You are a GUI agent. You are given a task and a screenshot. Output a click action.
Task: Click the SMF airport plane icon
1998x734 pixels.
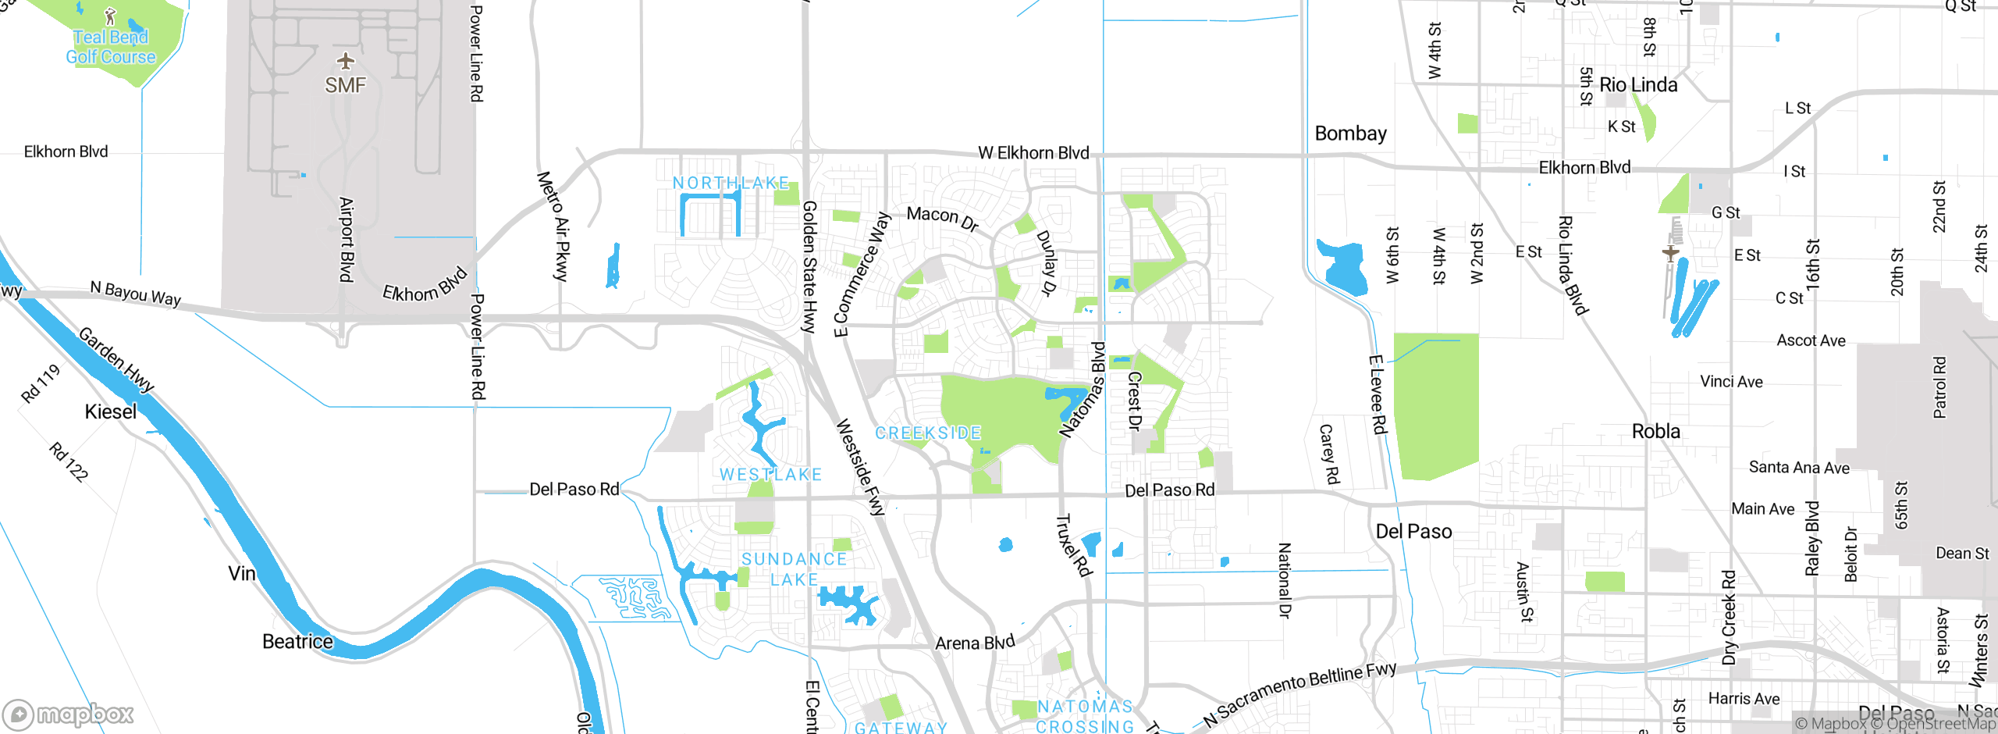point(345,61)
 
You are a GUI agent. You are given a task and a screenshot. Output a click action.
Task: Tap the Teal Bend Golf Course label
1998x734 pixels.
point(111,47)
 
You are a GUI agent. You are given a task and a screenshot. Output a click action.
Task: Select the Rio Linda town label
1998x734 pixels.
point(1638,85)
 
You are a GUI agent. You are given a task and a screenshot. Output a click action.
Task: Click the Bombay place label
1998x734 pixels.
point(1350,134)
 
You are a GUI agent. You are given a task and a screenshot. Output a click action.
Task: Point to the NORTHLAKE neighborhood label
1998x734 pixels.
point(731,183)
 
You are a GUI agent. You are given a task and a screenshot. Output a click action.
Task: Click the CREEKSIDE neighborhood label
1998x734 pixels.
point(928,433)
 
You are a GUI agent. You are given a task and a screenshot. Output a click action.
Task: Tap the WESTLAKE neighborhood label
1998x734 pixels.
point(770,474)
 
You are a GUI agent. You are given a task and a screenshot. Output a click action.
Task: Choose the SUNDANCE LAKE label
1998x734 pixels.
point(794,569)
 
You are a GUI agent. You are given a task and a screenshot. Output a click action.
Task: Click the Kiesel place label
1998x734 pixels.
point(111,412)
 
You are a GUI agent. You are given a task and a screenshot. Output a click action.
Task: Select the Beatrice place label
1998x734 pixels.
point(297,642)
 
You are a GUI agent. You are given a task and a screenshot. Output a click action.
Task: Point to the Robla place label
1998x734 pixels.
point(1655,431)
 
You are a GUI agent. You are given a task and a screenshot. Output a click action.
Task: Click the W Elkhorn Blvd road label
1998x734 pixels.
point(1033,153)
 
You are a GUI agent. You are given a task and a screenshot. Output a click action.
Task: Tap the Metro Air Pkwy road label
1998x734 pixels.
point(553,226)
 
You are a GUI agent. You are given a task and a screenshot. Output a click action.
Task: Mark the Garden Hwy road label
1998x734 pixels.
point(116,360)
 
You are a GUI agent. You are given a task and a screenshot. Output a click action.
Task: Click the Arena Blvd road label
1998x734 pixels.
point(975,643)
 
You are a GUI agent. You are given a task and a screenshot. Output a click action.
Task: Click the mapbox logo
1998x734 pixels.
point(69,714)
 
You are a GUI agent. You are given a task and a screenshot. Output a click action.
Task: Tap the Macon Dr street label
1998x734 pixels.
point(942,219)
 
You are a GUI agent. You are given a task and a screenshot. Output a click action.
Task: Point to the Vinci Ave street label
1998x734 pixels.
point(1731,382)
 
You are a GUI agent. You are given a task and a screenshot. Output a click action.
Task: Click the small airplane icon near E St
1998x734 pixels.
point(1669,253)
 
